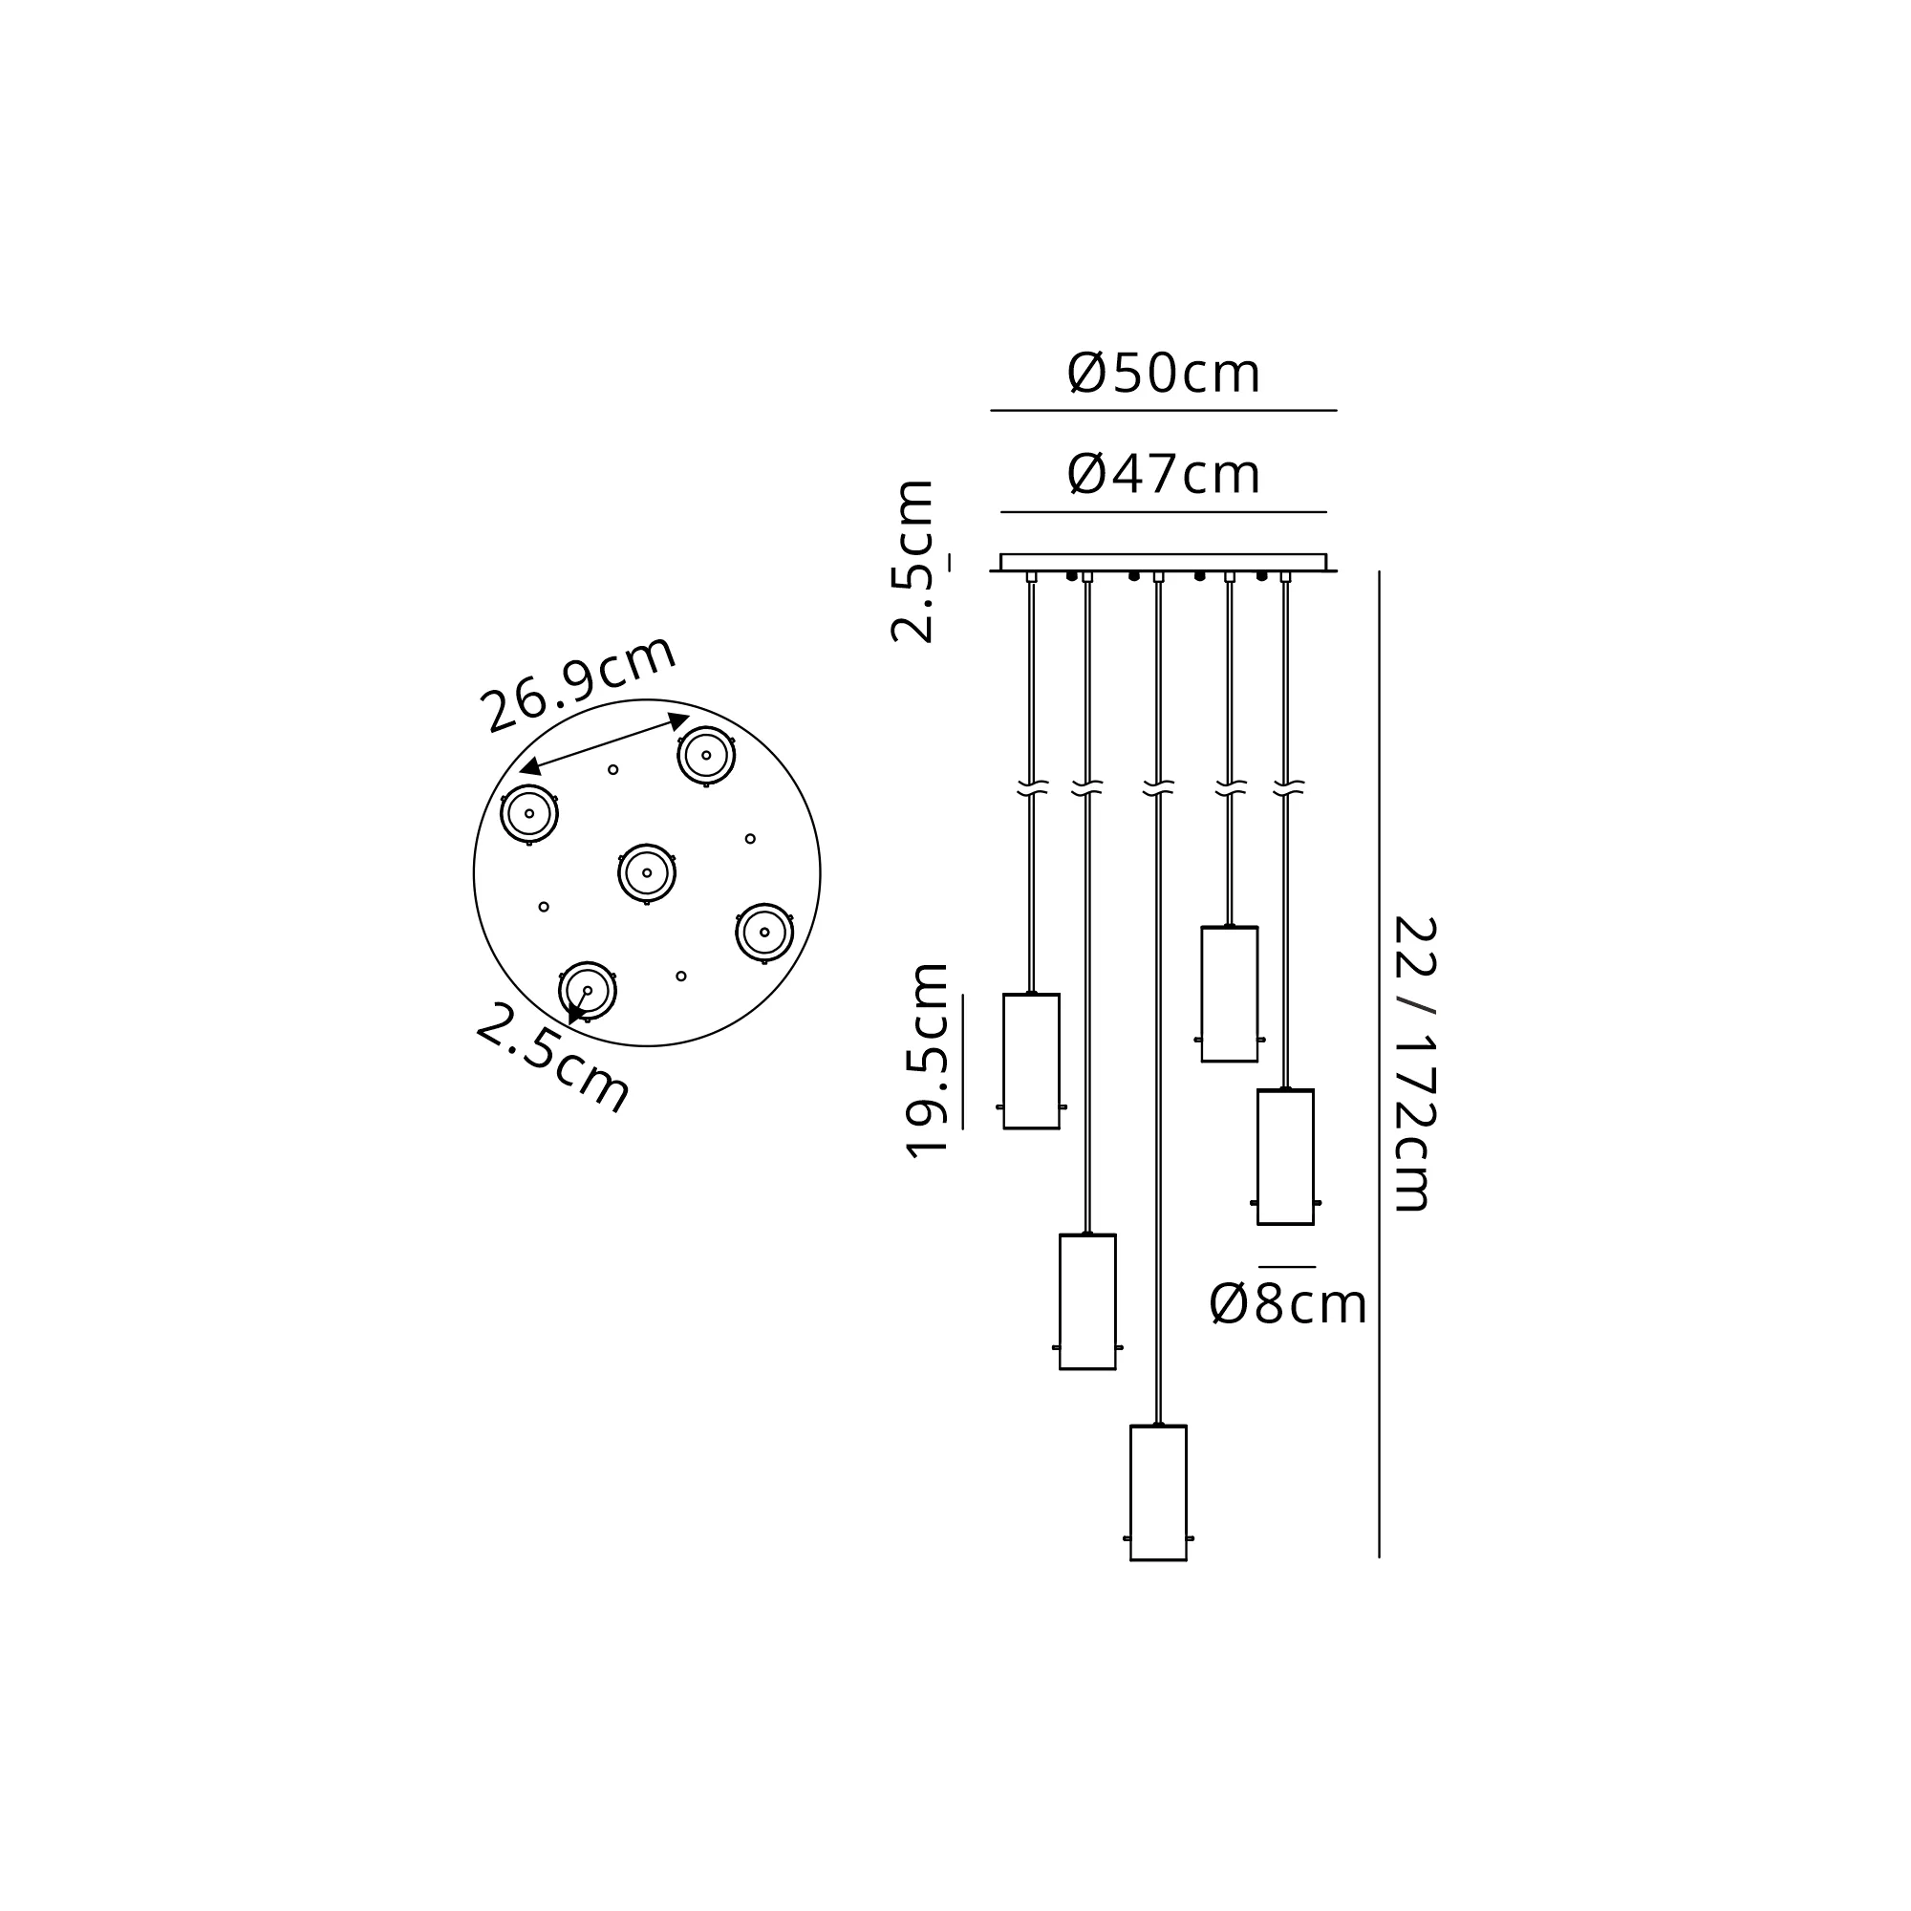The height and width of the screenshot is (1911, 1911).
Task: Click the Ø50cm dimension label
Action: point(1163,374)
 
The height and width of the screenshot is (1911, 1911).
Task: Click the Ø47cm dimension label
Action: point(1163,475)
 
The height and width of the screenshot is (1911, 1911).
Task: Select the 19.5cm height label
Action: point(927,1061)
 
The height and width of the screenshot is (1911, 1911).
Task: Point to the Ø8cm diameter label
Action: point(1288,1303)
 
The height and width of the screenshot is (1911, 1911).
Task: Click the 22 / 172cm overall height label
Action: point(1413,1063)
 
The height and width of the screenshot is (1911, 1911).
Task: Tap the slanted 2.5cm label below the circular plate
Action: point(553,1058)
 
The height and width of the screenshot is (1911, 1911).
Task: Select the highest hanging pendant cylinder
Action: point(1230,994)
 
